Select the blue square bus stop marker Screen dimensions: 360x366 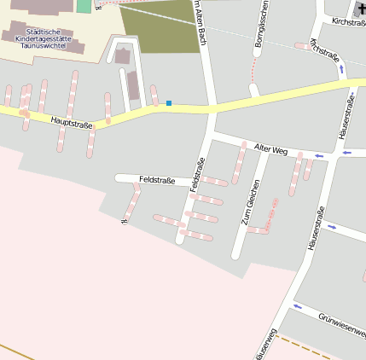(169, 103)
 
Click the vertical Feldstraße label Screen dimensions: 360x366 (197, 175)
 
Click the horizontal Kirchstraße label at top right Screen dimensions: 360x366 (348, 20)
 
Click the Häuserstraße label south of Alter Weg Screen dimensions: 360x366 (317, 229)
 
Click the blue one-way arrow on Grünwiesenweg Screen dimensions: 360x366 (297, 306)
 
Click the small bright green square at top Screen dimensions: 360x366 (83, 6)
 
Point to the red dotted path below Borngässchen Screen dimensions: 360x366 (253, 89)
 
